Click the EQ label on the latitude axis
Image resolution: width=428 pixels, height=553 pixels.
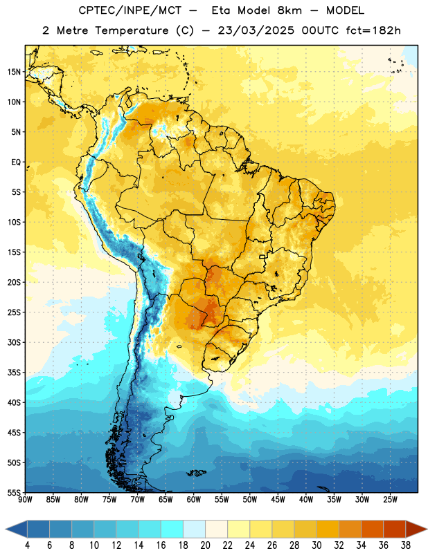click(x=16, y=162)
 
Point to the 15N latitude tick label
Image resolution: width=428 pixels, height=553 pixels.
click(x=14, y=72)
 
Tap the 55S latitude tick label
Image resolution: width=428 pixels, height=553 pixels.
click(x=14, y=492)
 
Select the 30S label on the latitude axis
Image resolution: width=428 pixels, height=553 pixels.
click(x=14, y=342)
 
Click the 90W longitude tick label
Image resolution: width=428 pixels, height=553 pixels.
click(x=25, y=500)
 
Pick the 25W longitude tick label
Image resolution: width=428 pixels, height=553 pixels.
click(x=390, y=500)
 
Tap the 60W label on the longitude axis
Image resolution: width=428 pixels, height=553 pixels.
click(x=194, y=500)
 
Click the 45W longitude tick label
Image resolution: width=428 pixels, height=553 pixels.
click(x=278, y=500)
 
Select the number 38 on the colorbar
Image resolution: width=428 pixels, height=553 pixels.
click(x=406, y=545)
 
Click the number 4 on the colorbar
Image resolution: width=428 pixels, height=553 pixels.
click(x=27, y=545)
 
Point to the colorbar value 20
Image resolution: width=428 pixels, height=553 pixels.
click(x=205, y=545)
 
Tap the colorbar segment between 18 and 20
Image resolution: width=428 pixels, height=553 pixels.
click(x=195, y=529)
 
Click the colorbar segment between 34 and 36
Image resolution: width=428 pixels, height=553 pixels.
click(x=372, y=529)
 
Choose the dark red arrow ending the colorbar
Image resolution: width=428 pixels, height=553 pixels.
click(x=416, y=529)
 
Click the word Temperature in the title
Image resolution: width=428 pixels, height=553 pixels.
click(x=132, y=30)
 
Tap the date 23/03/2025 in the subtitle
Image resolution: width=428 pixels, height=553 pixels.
click(x=256, y=30)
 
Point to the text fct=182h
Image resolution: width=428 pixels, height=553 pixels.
click(x=373, y=30)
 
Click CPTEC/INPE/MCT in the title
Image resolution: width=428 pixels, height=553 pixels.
click(x=130, y=10)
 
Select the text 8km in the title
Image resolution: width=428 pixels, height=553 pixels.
click(x=289, y=10)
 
